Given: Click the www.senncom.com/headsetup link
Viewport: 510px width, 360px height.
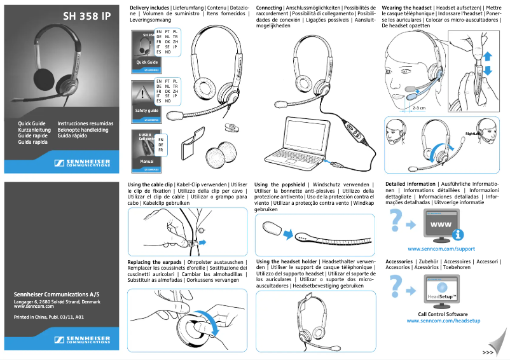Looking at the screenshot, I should pos(443,321).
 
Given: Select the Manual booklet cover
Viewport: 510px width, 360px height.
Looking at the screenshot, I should pos(147,153).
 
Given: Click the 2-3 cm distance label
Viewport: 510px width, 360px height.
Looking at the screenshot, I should pos(418,107).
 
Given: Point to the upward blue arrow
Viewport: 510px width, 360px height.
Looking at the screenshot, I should pos(488,56).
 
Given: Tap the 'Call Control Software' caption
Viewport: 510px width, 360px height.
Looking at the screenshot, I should pos(443,314).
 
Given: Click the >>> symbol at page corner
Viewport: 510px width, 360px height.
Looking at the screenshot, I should pos(488,352).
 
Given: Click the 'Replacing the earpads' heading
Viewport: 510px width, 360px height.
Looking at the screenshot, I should pos(155,262).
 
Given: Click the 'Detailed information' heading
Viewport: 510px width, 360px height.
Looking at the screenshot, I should pos(411,184).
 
